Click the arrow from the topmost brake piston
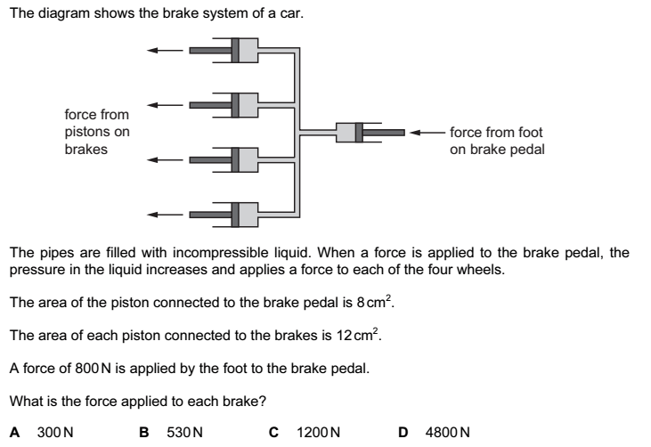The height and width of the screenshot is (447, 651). click(x=166, y=50)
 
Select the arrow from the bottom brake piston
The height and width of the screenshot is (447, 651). click(x=166, y=214)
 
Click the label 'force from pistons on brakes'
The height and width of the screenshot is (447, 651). click(x=97, y=132)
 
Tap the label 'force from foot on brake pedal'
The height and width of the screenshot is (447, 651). click(x=496, y=141)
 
